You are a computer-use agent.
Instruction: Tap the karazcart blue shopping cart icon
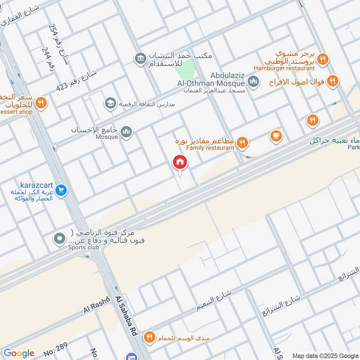click(61, 191)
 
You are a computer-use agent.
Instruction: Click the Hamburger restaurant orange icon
click(322, 59)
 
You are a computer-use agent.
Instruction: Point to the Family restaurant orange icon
click(243, 143)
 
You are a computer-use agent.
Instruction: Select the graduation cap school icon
click(110, 104)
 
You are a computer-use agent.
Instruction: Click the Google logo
click(18, 353)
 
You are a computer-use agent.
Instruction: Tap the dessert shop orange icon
click(41, 103)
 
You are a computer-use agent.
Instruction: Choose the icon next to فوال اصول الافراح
click(332, 81)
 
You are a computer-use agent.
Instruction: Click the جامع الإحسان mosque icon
click(127, 132)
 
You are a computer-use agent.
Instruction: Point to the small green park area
click(185, 70)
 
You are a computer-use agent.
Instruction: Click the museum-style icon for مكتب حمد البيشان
click(140, 58)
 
